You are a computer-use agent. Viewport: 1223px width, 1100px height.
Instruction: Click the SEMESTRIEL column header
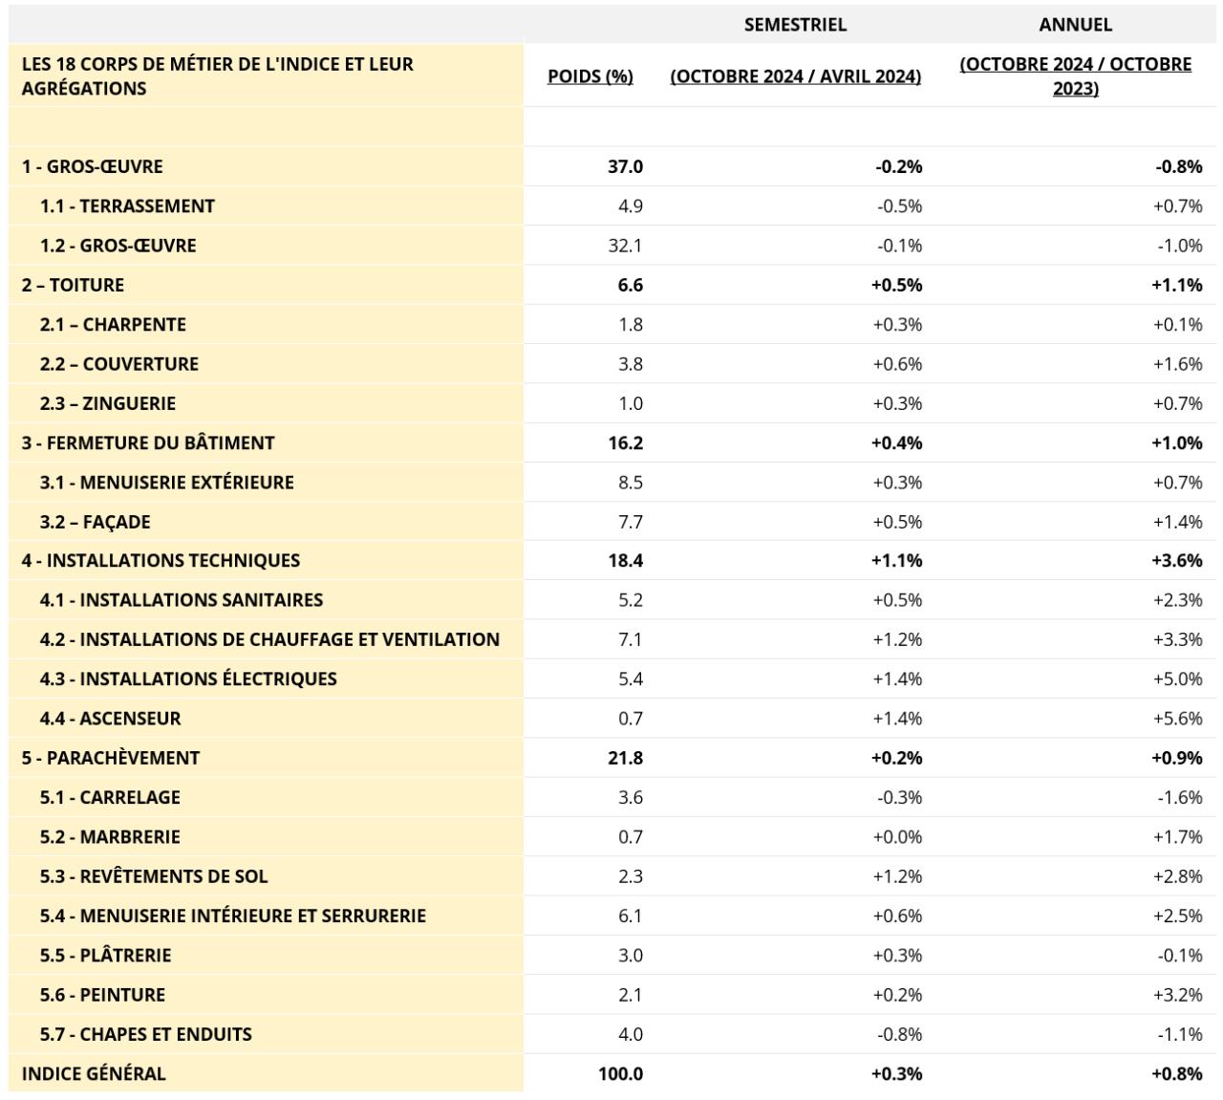[x=795, y=25]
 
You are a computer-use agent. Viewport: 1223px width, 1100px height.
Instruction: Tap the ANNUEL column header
[x=1076, y=25]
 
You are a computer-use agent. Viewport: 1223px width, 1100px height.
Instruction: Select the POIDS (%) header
[x=590, y=76]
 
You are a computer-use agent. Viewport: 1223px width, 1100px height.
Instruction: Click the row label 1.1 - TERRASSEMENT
[x=127, y=206]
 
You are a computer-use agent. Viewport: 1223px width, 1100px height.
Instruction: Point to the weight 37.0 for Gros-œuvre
[x=625, y=166]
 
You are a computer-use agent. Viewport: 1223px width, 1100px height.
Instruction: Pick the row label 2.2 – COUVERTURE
[x=119, y=364]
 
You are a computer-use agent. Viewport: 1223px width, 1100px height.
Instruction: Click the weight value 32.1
[x=625, y=246]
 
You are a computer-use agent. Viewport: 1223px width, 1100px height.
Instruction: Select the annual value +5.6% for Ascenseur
[x=1177, y=719]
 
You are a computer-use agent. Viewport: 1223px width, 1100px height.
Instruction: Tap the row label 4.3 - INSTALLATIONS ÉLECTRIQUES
[x=188, y=679]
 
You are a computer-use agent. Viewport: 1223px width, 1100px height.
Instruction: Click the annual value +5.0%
[x=1177, y=679]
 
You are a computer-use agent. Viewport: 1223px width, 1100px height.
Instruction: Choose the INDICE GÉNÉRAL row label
[x=94, y=1074]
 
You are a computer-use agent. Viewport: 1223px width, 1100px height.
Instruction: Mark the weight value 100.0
[x=621, y=1074]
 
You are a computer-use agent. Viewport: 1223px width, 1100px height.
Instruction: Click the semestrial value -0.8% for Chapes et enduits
[x=899, y=1034]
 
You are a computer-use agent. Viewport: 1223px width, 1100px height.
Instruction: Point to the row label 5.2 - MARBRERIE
[x=110, y=837]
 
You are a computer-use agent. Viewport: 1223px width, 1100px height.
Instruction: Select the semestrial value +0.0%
[x=897, y=837]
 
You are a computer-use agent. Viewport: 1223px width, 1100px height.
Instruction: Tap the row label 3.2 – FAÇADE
[x=96, y=522]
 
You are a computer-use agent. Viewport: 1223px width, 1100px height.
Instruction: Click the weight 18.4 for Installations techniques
[x=625, y=561]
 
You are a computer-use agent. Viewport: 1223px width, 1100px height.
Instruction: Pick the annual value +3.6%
[x=1177, y=561]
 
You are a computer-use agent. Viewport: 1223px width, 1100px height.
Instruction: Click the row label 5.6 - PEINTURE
[x=103, y=995]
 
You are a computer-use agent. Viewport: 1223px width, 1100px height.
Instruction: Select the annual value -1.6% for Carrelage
[x=1180, y=797]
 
